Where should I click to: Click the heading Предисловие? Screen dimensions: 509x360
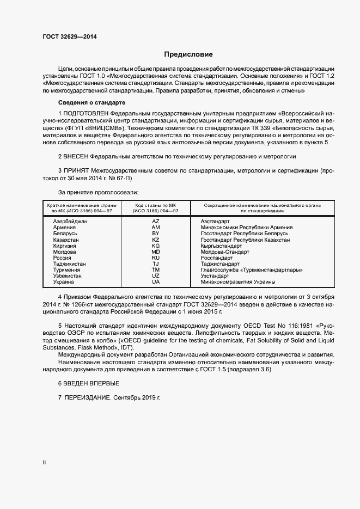(188, 54)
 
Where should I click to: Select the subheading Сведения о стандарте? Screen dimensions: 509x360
(91, 103)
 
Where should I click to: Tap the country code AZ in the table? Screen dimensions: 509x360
(156, 222)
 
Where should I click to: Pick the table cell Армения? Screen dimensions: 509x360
(64, 228)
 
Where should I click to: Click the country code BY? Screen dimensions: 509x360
(156, 234)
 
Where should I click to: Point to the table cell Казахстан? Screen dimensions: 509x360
(66, 240)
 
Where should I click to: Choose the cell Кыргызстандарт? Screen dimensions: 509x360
(223, 246)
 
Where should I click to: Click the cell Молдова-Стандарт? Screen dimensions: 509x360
(224, 252)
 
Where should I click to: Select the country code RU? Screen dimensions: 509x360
(156, 258)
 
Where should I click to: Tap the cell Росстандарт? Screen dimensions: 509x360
(216, 258)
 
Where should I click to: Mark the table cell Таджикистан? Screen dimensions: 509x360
(69, 264)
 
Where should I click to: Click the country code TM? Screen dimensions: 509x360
(156, 270)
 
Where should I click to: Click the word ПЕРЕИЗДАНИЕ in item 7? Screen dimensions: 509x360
(87, 398)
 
